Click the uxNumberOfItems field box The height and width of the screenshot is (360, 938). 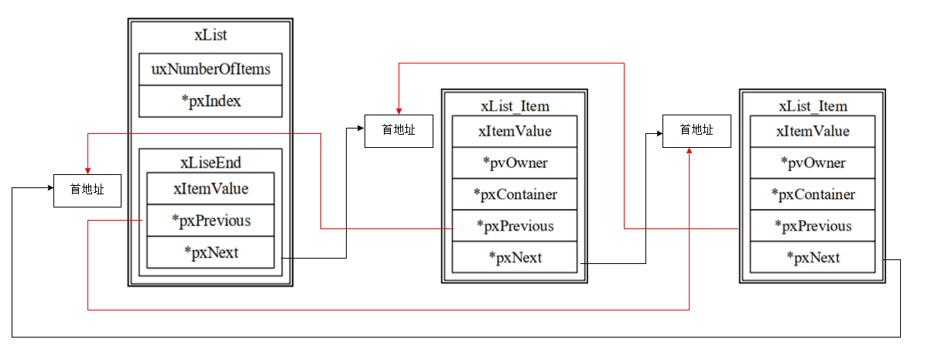pyautogui.click(x=211, y=69)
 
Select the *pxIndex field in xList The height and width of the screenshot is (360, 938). pyautogui.click(x=211, y=101)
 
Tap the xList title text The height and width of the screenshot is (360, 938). pyautogui.click(x=211, y=35)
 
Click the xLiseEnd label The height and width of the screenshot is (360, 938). pyautogui.click(x=211, y=163)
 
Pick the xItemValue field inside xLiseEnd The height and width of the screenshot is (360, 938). pyautogui.click(x=211, y=189)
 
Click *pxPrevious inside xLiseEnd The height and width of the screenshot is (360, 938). pyautogui.click(x=211, y=221)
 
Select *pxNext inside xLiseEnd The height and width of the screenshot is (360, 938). pyautogui.click(x=211, y=252)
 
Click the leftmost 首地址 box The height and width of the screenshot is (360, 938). pyautogui.click(x=87, y=190)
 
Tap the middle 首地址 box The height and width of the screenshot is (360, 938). pyautogui.click(x=399, y=131)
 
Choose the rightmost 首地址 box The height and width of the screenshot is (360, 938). pyautogui.click(x=697, y=131)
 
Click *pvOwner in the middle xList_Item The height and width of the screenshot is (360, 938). pyautogui.click(x=515, y=163)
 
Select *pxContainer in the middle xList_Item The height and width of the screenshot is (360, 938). pyautogui.click(x=515, y=194)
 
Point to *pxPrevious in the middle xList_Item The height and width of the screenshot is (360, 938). pyautogui.click(x=515, y=226)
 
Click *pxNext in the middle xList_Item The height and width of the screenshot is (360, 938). pyautogui.click(x=515, y=257)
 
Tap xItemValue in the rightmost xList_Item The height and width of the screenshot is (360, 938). pyautogui.click(x=813, y=131)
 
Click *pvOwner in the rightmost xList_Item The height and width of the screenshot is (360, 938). pyautogui.click(x=813, y=163)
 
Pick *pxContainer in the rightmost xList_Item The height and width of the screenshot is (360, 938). pyautogui.click(x=813, y=194)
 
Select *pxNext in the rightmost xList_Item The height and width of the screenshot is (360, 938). pyautogui.click(x=813, y=257)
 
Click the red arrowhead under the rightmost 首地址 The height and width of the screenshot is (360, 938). pyautogui.click(x=689, y=151)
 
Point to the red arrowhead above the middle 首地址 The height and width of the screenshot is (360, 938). pyautogui.click(x=399, y=111)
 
